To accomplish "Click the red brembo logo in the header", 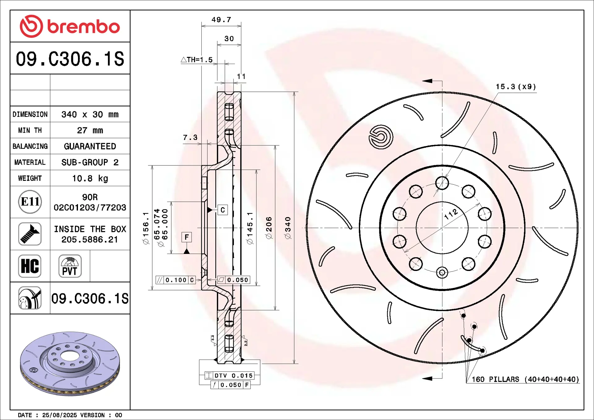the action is coord(70,26).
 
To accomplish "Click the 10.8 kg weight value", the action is coord(90,178).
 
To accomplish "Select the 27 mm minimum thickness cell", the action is coord(90,130).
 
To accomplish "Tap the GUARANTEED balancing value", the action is coord(90,146).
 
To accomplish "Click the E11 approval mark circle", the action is coord(30,202).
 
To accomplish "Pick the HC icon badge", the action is coord(30,266).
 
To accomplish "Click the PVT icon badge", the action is coord(70,266).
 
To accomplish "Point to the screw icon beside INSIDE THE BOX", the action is coord(30,234).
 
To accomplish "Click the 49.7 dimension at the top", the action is coord(221,19).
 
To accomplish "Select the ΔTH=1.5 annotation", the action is coord(197,60).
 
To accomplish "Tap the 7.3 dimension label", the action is coord(190,137).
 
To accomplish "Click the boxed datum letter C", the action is coord(223,210).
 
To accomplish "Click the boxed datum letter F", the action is coord(187,237).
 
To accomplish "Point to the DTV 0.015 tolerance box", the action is coord(230,375).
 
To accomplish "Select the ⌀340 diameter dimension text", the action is coord(288,228).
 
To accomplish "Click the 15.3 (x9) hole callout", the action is coord(516,87).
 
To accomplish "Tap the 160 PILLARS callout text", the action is coord(525,379).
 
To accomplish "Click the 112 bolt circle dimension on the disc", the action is coord(450,214).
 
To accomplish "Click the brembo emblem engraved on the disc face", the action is coord(381,137).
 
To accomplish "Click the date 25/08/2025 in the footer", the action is coord(59,415).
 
